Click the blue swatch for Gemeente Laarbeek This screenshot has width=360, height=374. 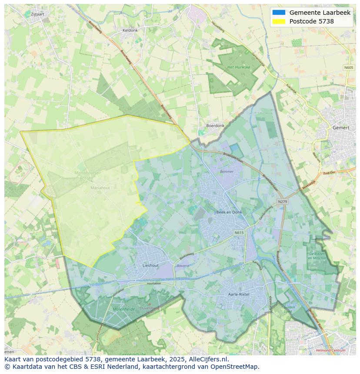(x=279, y=13)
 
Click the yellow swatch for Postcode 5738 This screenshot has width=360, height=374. (x=279, y=21)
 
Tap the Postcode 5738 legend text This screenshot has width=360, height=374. (x=311, y=21)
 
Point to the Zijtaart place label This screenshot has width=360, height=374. (x=38, y=14)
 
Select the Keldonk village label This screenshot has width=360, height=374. (x=130, y=30)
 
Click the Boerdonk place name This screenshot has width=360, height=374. (x=215, y=126)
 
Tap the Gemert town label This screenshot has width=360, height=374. (x=340, y=128)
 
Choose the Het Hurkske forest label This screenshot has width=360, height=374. (x=239, y=67)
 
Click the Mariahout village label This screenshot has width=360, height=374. (x=100, y=188)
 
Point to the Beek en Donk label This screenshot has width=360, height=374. (x=229, y=212)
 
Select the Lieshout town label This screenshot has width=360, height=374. (x=150, y=265)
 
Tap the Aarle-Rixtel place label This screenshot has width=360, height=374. (x=239, y=294)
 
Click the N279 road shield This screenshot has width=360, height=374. (x=283, y=202)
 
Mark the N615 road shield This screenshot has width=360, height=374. (x=239, y=233)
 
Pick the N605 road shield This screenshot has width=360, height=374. (x=348, y=67)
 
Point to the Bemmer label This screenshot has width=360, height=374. (x=227, y=172)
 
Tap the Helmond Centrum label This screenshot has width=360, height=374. (x=331, y=350)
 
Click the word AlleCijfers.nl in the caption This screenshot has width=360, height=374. (x=208, y=360)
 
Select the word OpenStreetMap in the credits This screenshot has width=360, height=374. (x=235, y=367)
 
